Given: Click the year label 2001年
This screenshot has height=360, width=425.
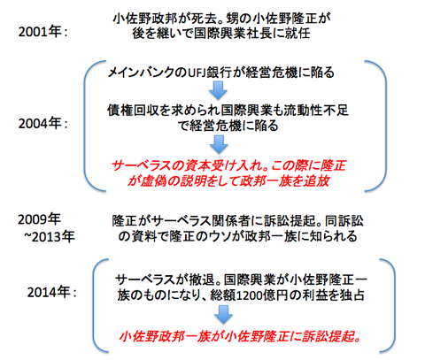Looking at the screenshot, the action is pos(40,32).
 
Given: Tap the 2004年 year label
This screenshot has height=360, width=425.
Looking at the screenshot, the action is pos(40,123).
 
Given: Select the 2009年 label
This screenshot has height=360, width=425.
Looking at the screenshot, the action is pos(39,219).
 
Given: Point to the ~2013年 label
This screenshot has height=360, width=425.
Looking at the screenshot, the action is pos(50,236).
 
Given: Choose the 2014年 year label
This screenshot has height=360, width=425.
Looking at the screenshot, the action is pos(49,292).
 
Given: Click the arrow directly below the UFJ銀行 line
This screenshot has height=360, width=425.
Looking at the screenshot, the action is pos(219,90).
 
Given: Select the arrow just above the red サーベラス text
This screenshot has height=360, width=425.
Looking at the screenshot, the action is pos(219,144).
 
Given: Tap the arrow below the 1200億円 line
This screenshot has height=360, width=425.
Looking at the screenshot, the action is pos(223,315).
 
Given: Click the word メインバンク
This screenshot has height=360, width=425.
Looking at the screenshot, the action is pos(141,73).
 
